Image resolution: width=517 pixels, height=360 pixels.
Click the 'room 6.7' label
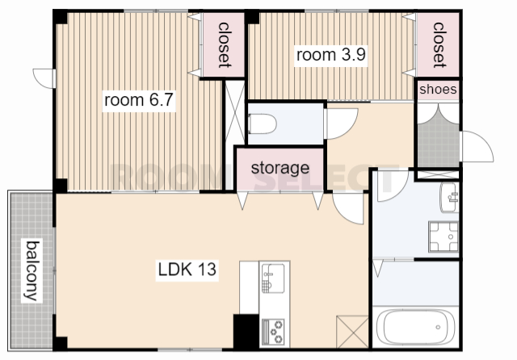138,100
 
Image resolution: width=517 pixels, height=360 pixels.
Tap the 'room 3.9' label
331,55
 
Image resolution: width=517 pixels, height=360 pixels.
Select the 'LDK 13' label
187,269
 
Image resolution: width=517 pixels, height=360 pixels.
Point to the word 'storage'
280,168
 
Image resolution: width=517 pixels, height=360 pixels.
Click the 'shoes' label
438,89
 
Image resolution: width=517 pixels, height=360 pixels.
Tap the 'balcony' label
32,270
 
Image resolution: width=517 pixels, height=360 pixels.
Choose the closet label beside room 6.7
224,45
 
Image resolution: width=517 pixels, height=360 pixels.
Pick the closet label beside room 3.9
439,45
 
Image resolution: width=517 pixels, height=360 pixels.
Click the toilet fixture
263,123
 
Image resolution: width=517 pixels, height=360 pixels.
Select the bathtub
415,327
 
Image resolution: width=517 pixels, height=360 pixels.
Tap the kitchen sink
273,278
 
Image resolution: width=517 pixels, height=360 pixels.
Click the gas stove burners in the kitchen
273,331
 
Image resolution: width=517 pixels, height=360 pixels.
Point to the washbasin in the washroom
449,197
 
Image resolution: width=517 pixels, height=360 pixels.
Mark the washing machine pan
443,237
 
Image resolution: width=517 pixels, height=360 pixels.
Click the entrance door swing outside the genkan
477,146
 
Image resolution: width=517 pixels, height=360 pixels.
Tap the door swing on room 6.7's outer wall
44,78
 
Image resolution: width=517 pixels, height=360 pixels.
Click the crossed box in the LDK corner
352,331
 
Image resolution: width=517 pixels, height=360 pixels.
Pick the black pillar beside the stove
246,331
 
